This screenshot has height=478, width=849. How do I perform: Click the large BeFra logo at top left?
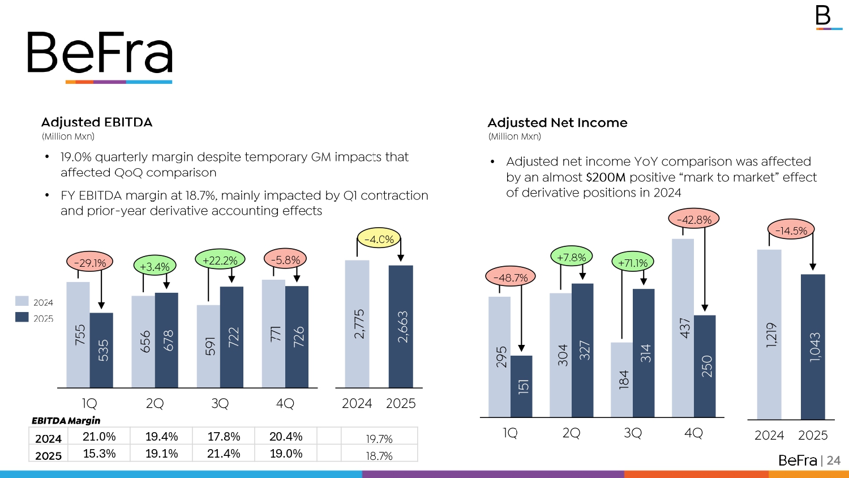tap(100, 54)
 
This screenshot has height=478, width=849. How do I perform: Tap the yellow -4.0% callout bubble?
tap(379, 239)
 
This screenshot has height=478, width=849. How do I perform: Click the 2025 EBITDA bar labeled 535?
tap(101, 350)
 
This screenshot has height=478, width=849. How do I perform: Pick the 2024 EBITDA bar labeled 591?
tap(208, 346)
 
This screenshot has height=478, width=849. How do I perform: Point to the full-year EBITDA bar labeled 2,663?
tap(401, 327)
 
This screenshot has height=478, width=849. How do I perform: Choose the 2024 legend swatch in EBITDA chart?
tap(22, 301)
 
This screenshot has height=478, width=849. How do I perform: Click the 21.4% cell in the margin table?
tap(224, 454)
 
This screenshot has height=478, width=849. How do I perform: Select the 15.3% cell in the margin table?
tap(99, 454)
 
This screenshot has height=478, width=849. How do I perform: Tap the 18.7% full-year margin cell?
tap(379, 456)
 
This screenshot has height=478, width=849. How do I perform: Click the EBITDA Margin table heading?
tap(66, 420)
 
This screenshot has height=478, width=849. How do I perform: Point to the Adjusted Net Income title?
tap(558, 123)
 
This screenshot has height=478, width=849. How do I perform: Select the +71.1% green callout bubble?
tap(633, 263)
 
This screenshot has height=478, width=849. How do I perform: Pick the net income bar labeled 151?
tap(521, 386)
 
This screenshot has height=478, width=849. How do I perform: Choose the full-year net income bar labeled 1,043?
tap(813, 347)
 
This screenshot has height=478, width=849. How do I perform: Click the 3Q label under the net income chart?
tap(632, 433)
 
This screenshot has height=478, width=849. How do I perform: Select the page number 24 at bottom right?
tap(834, 460)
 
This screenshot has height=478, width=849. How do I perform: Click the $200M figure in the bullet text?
tap(606, 177)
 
